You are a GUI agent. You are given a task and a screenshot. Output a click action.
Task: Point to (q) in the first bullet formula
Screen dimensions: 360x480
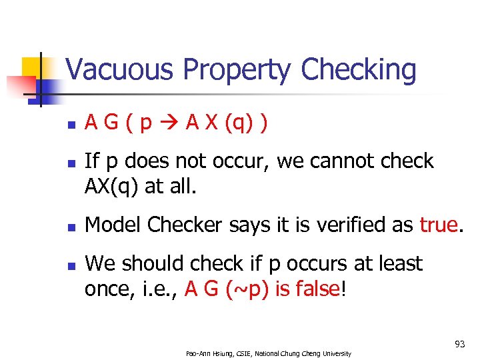(242, 124)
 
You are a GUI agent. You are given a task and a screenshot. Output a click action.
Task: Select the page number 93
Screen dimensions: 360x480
(459, 344)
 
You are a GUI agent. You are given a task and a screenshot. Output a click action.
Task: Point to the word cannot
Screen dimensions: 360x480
(330, 161)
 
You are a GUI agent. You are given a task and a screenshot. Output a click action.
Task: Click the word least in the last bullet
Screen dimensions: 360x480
(397, 263)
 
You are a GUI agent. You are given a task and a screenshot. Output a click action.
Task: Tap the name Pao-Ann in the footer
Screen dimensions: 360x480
(198, 353)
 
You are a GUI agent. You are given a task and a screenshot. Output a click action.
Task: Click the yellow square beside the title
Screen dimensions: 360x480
(33, 68)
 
